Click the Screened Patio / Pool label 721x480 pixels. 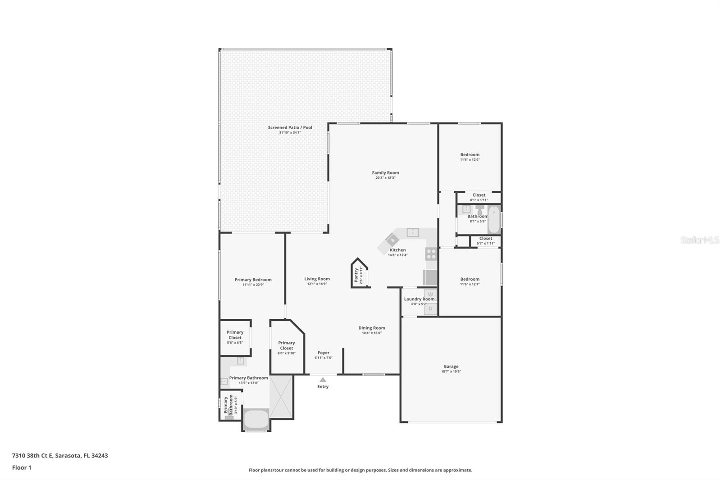coord(290,127)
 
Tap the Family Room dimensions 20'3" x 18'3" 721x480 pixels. coord(385,178)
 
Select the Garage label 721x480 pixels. coord(451,367)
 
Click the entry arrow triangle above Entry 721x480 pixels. coord(323,380)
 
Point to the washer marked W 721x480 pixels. coord(430,294)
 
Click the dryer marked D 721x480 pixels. coord(430,308)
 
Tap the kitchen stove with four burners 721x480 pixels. coord(431,254)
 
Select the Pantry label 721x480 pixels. coord(356,275)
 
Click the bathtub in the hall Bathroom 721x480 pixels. coord(494,219)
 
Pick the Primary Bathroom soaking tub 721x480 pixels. coord(256,419)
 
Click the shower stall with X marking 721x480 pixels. coord(281,397)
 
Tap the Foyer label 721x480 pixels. coord(324,353)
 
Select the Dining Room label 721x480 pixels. coord(372,328)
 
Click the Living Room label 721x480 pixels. coord(317,279)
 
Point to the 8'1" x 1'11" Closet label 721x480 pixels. coord(479,195)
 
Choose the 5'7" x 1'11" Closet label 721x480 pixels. coord(486,239)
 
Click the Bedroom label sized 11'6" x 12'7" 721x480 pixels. coord(470,279)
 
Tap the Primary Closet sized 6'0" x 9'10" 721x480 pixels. coord(287,345)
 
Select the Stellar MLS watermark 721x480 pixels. coord(699,240)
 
